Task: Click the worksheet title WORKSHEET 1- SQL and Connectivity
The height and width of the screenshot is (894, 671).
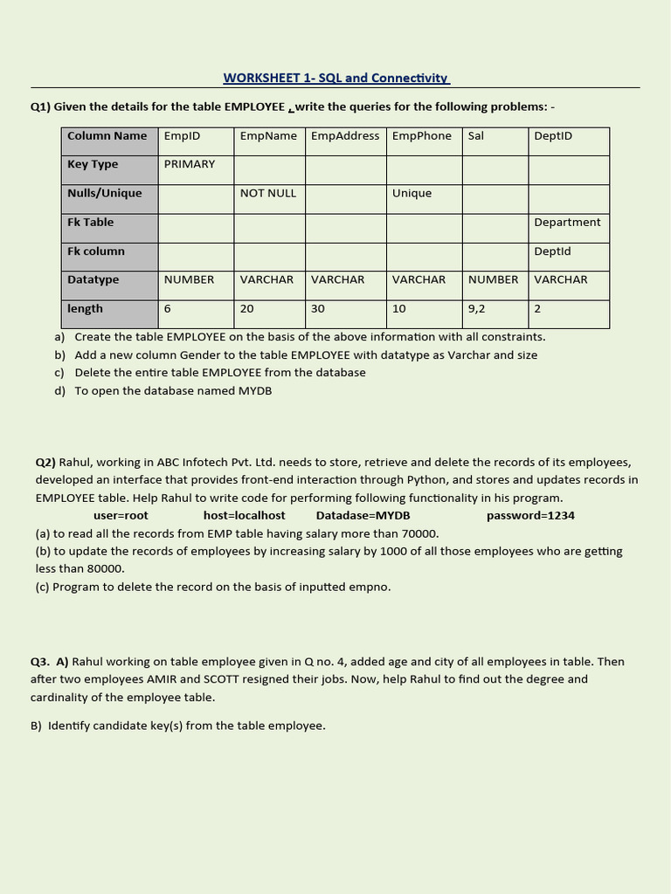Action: coord(336,78)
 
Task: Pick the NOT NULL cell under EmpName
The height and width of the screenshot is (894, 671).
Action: coord(268,193)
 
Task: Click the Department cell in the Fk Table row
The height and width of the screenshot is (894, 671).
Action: coord(567,223)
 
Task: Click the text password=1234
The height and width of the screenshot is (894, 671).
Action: coord(530,515)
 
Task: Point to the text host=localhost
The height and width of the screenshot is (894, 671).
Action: coord(244,515)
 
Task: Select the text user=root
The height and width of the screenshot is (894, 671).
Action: coord(121,515)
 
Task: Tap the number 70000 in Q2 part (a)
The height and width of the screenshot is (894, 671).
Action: coord(419,533)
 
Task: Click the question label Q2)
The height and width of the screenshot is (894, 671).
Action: coord(45,462)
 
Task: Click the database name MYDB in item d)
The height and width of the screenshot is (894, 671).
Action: coord(255,391)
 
